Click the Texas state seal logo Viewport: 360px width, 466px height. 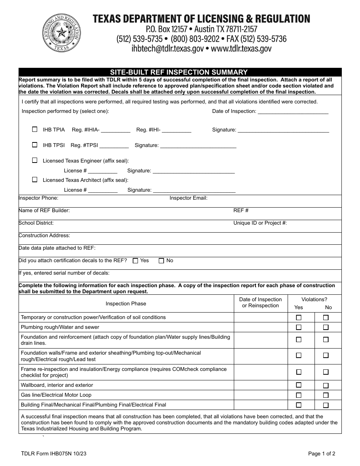pos(62,33)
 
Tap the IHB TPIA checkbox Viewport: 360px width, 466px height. pos(35,129)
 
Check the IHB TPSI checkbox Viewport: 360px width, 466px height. pos(35,145)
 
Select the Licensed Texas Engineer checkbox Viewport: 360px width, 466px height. pos(35,160)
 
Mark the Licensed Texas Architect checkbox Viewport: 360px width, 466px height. pos(35,180)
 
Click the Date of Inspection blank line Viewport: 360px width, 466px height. pos(293,112)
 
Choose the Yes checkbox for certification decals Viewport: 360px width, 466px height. pos(135,261)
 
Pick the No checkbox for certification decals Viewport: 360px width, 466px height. pos(161,261)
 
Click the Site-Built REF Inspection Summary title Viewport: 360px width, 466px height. pos(179,72)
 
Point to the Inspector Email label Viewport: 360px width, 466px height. pos(188,198)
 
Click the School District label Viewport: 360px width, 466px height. pos(36,223)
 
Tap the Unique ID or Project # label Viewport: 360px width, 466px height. pos(260,223)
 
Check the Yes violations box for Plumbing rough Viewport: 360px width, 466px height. pos(299,327)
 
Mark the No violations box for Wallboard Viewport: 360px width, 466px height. pos(326,385)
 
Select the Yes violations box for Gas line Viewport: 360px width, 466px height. pos(299,395)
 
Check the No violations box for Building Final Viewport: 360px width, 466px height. pos(326,405)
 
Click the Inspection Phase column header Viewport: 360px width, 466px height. pos(126,303)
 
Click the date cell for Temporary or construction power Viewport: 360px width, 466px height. pos(261,317)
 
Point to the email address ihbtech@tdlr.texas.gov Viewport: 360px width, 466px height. pos(167,48)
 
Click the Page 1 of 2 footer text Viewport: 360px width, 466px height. pos(322,453)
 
